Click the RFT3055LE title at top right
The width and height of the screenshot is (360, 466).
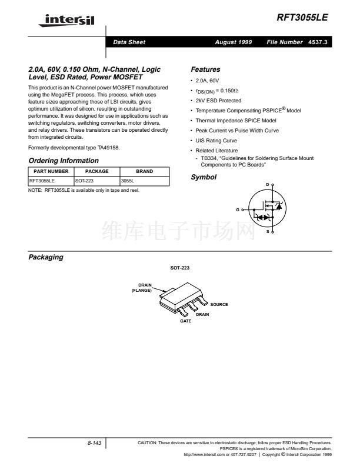(302, 18)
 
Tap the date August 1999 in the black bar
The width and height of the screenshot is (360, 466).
(234, 42)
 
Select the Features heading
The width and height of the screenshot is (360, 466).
(205, 69)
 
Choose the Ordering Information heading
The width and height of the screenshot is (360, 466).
(64, 161)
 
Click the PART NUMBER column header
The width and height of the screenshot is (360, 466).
(51, 171)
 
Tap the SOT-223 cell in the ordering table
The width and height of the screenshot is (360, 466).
(85, 181)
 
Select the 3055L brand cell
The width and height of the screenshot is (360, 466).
(128, 181)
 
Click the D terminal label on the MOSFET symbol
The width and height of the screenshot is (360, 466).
(267, 185)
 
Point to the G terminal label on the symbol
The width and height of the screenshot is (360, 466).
(238, 209)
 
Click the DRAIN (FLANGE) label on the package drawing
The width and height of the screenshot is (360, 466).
(141, 288)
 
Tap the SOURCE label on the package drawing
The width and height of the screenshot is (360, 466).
(219, 304)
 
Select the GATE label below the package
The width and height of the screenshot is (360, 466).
(186, 321)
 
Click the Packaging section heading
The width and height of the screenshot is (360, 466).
(46, 257)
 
